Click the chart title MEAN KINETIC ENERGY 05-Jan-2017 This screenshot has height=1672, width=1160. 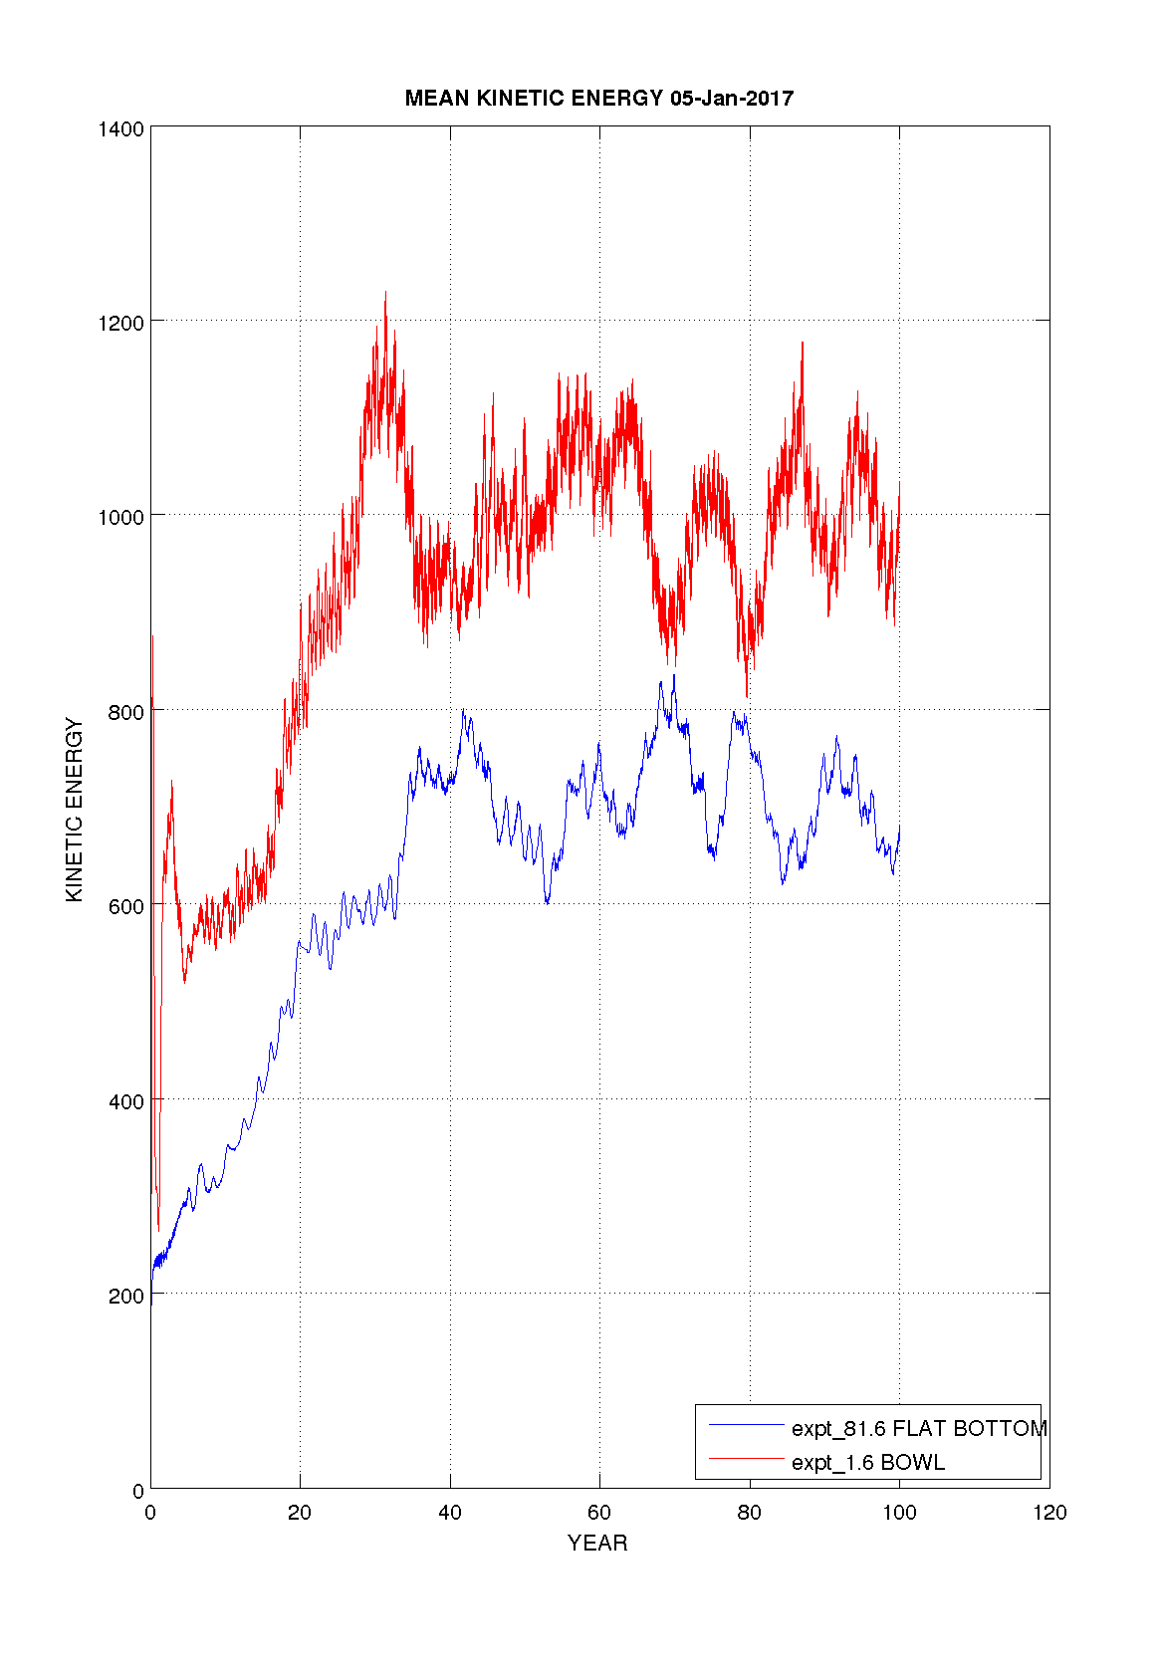click(598, 99)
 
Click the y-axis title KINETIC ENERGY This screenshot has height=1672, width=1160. click(75, 811)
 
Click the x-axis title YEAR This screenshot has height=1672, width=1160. click(597, 1544)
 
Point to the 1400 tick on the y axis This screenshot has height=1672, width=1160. click(120, 128)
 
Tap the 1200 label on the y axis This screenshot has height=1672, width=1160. click(120, 323)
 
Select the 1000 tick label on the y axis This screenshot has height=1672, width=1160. click(120, 517)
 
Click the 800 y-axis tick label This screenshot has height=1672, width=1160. click(125, 712)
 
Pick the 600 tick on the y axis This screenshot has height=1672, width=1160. click(125, 906)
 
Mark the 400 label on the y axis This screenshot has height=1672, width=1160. click(125, 1101)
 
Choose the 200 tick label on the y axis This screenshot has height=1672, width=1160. click(125, 1296)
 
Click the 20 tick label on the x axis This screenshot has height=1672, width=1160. click(300, 1514)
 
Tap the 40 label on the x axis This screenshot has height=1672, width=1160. click(450, 1514)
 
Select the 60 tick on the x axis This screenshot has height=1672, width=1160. click(599, 1514)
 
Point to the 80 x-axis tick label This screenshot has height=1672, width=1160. click(750, 1514)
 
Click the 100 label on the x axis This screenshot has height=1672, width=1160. click(899, 1514)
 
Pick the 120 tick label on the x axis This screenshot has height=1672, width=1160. click(1049, 1514)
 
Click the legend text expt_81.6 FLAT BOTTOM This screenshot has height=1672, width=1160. click(918, 1429)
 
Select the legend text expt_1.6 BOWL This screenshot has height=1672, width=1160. click(868, 1463)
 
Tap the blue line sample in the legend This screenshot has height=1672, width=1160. click(747, 1426)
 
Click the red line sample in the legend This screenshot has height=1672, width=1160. click(747, 1460)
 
